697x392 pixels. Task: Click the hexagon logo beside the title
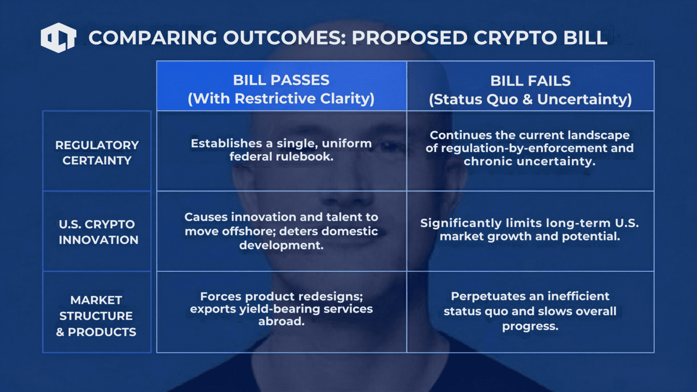(59, 38)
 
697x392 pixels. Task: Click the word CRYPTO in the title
(515, 38)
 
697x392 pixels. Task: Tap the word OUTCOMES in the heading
(285, 38)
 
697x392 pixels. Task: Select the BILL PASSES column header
(281, 86)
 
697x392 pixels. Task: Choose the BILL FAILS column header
(530, 86)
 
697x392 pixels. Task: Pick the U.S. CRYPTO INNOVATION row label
(97, 231)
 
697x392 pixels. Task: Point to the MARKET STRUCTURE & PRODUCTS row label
(97, 312)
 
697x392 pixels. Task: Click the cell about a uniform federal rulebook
(281, 151)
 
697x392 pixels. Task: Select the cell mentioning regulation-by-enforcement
(530, 151)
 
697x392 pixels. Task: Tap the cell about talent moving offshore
(281, 231)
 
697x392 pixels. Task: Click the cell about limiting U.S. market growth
(530, 231)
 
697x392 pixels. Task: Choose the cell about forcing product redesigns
(281, 312)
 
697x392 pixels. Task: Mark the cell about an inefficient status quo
(530, 312)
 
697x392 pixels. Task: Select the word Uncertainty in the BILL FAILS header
(584, 99)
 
